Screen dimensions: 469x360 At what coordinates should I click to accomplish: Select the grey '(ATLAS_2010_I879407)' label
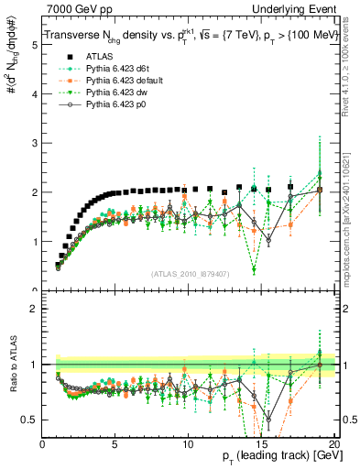click(x=190, y=272)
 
